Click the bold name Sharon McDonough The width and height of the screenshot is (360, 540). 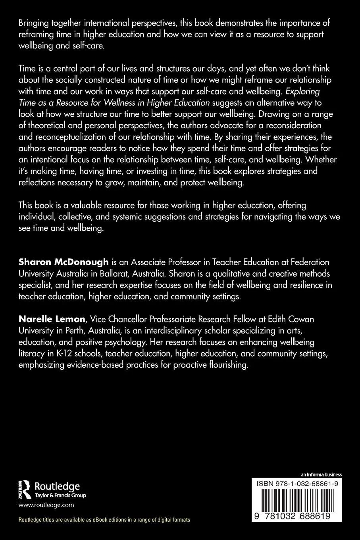64,262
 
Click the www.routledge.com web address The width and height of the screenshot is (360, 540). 46,505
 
